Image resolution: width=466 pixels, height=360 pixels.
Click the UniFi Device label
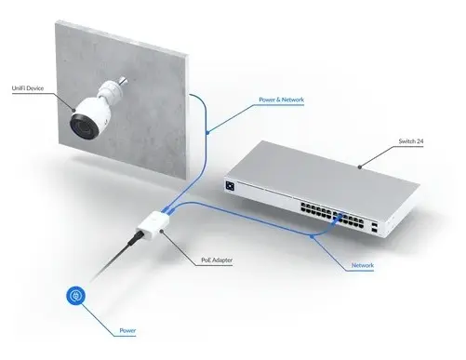coord(28,88)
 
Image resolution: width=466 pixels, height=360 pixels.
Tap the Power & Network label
coord(281,100)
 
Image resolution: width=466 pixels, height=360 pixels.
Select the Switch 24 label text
coord(411,141)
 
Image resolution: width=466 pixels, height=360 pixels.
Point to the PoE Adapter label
coord(217,260)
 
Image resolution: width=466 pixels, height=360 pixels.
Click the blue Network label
coord(363,265)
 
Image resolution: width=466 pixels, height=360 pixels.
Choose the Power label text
coord(127,331)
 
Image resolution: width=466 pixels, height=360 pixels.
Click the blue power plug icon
coord(75,296)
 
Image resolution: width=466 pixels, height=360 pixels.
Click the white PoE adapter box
coord(153,226)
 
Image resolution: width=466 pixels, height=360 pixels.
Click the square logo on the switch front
coord(230,186)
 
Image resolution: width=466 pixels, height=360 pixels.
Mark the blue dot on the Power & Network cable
coord(207,133)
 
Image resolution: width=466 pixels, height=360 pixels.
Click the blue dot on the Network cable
coord(312,237)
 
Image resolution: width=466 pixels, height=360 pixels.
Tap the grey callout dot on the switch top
coord(360,167)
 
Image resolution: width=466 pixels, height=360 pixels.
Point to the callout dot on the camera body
coord(73,110)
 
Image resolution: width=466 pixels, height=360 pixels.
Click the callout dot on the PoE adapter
coord(162,231)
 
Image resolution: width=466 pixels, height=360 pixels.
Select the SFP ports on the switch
coord(374,227)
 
